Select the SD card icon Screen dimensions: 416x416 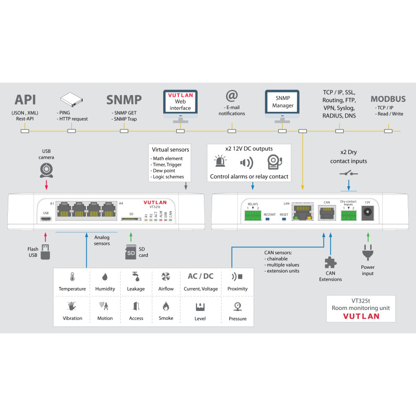click(x=131, y=252)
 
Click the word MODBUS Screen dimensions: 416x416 click(x=388, y=99)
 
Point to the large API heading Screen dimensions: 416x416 click(x=25, y=100)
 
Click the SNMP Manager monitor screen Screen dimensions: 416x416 click(x=282, y=102)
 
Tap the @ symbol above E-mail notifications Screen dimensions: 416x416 click(x=231, y=96)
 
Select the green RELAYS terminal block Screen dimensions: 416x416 click(x=254, y=213)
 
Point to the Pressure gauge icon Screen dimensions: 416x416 click(x=238, y=306)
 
